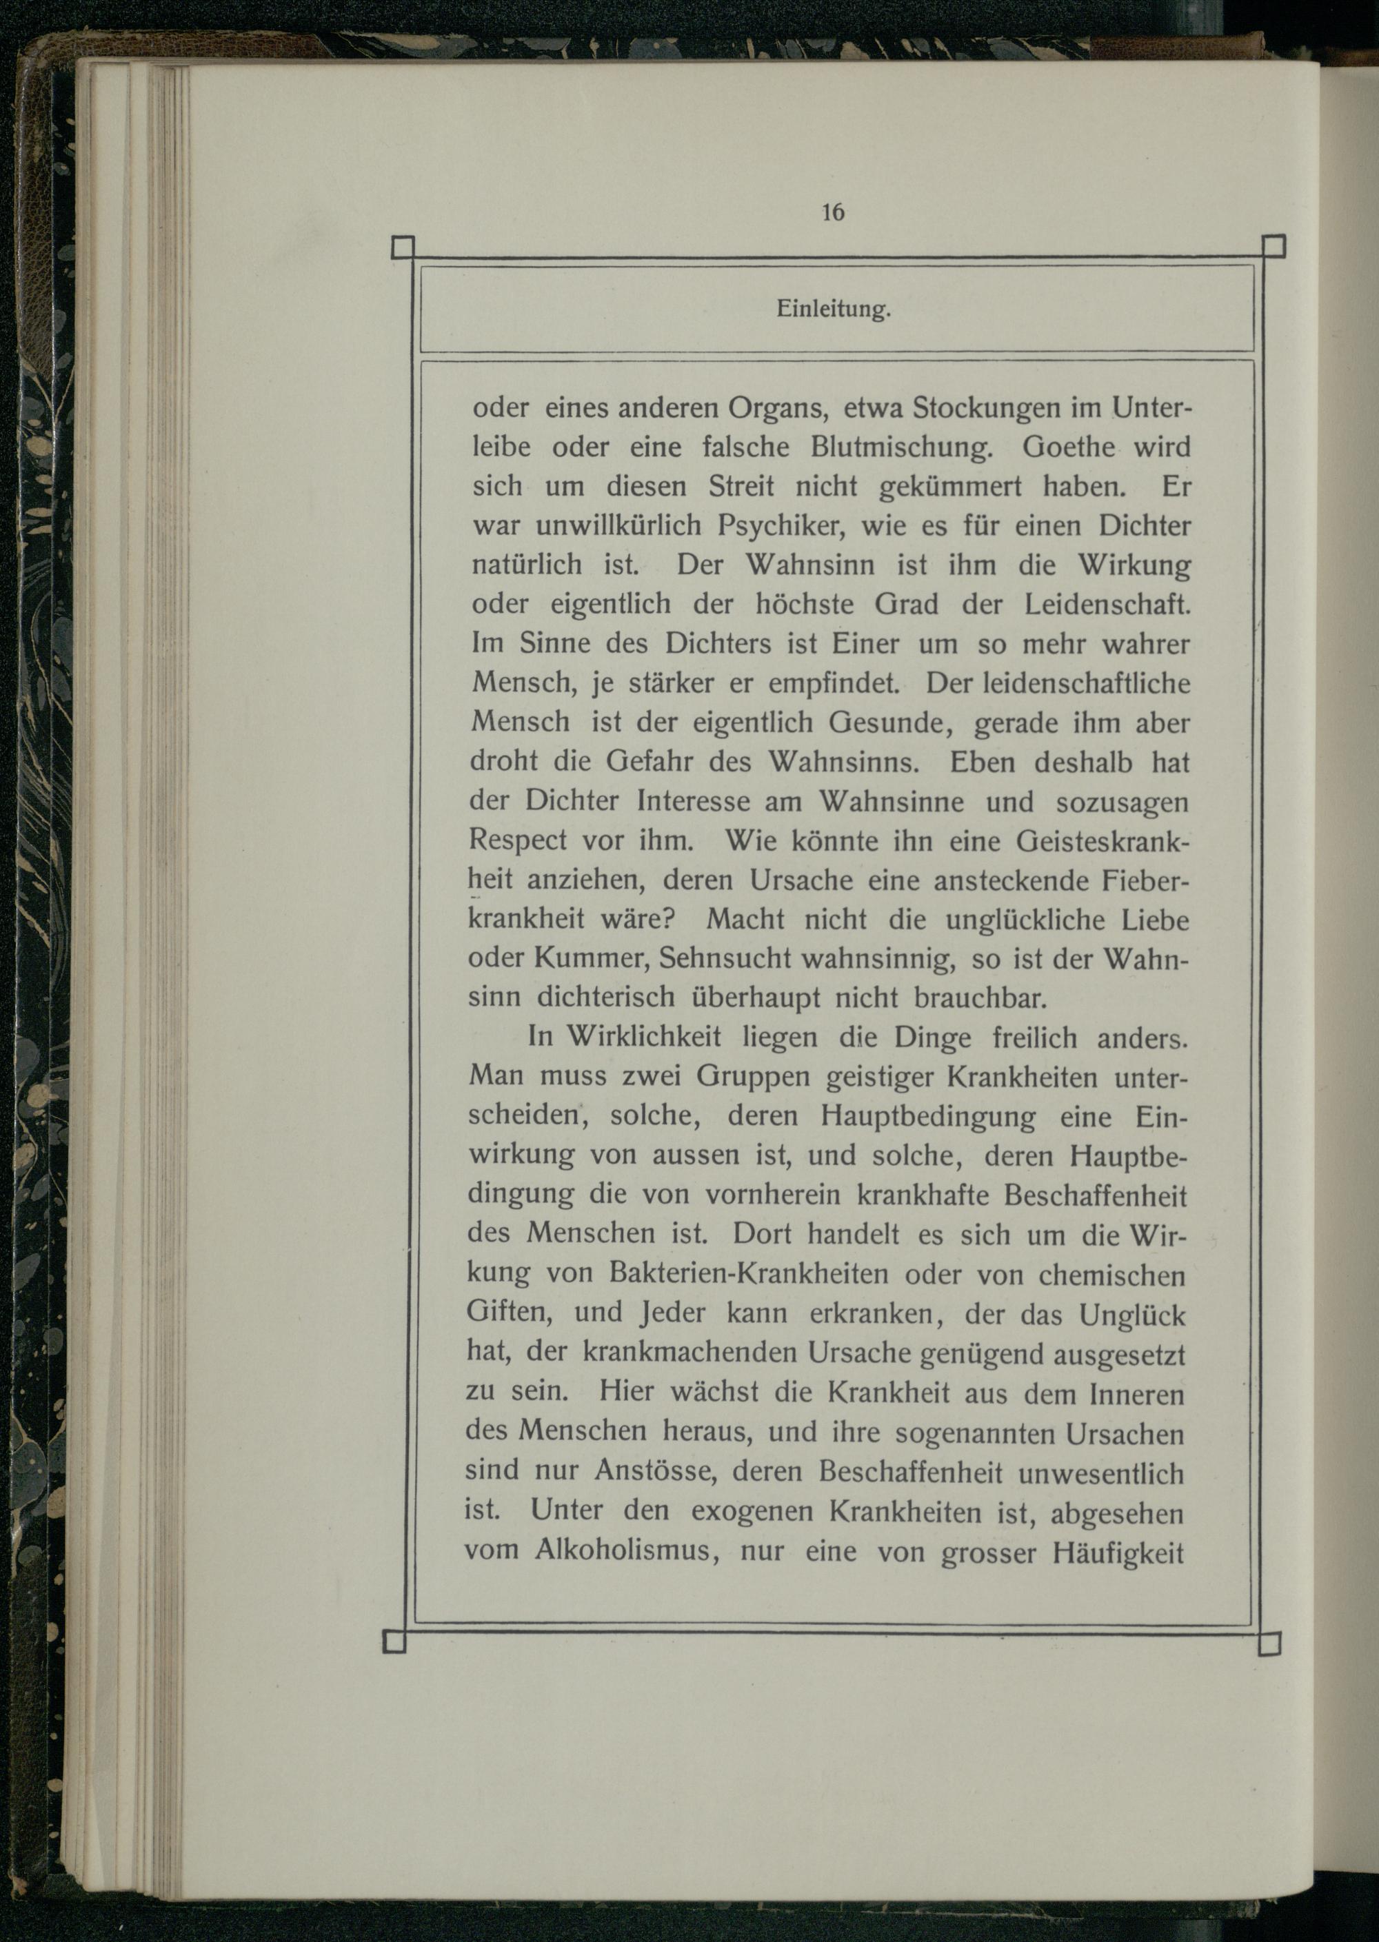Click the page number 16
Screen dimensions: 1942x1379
833,212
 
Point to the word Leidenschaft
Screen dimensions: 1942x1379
1107,605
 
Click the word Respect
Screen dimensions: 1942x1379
517,840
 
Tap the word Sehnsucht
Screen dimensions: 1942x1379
725,958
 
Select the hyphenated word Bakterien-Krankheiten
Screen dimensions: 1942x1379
748,1274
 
